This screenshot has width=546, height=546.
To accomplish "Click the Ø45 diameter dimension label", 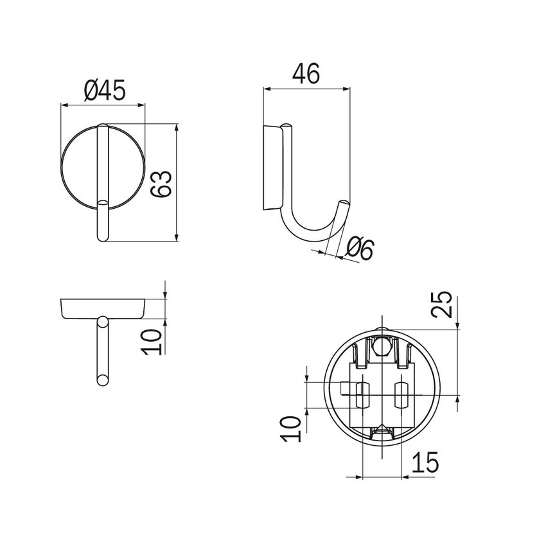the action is point(105,90).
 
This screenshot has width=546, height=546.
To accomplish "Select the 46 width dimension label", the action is point(306,73).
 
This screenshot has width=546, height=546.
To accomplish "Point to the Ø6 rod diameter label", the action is point(360,249).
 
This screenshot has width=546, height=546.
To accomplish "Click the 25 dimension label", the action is point(441,304).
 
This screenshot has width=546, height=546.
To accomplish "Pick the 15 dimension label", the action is point(425,462).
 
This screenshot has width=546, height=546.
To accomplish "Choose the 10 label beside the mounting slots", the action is point(290,429).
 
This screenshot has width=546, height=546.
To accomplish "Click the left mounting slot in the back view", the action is point(362,395).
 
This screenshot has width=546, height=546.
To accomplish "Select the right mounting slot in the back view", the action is point(401,395).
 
